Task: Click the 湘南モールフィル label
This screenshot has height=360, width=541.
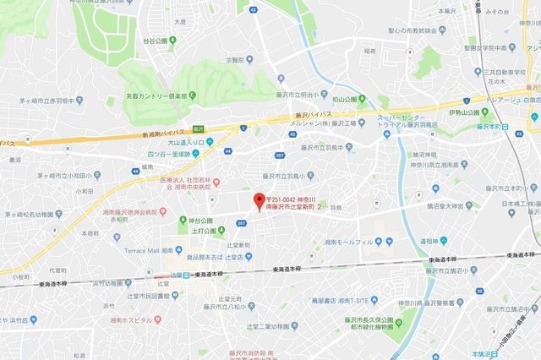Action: coord(348,242)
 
